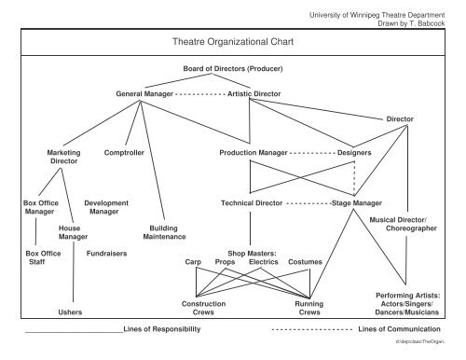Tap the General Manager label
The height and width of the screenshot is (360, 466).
(x=144, y=94)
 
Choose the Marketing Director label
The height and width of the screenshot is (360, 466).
(x=63, y=157)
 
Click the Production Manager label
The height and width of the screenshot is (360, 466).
(x=253, y=152)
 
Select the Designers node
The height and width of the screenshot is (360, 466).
(x=354, y=152)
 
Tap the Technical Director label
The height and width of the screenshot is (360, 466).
(x=252, y=202)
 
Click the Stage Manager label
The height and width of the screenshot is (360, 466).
(x=357, y=202)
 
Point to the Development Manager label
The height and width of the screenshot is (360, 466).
(x=106, y=207)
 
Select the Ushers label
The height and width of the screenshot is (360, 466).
(x=70, y=312)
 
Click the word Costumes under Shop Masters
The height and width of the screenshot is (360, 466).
(x=305, y=262)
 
